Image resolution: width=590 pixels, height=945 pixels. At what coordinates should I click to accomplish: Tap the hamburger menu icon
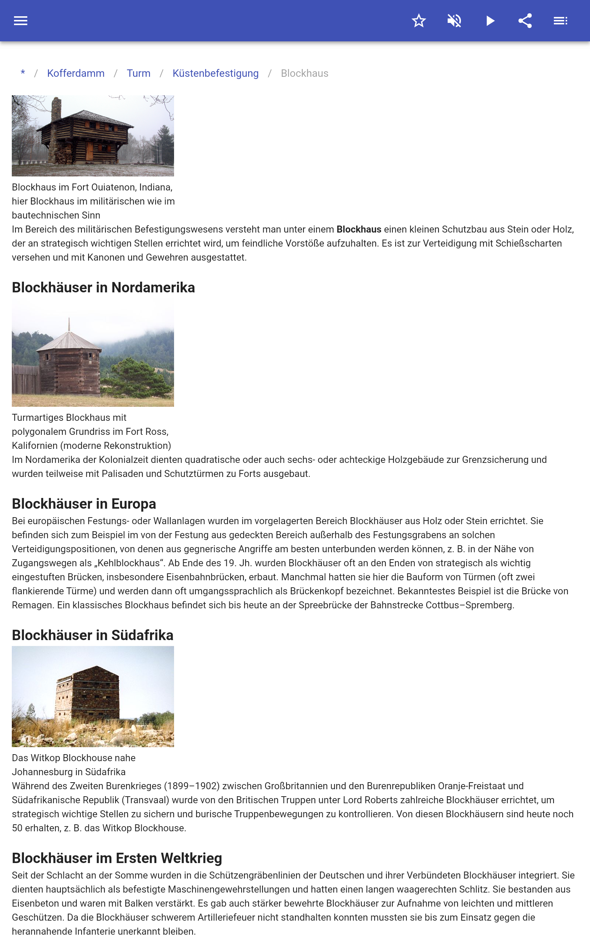21,21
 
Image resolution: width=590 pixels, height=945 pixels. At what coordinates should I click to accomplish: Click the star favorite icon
419,21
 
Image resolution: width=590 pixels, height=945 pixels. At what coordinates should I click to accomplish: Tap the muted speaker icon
454,21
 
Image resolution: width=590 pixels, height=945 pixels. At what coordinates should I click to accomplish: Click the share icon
525,21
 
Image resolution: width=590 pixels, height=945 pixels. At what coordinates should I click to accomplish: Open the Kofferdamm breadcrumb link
76,73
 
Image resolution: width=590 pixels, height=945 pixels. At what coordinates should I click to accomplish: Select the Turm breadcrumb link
139,73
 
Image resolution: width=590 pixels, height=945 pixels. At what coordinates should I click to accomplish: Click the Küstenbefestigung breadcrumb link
215,73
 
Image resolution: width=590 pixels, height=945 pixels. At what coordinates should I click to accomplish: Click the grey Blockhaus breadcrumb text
304,73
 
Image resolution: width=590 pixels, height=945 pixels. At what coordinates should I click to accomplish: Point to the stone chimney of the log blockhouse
56,117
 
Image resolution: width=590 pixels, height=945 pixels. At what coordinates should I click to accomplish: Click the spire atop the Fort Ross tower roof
69,324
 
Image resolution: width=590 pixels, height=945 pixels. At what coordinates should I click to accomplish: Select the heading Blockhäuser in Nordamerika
103,288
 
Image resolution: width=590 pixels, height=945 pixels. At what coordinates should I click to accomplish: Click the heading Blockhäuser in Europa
84,504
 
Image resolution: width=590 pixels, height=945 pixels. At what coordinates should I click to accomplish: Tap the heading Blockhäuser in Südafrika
93,635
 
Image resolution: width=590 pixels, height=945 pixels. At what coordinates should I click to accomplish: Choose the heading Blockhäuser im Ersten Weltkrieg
117,858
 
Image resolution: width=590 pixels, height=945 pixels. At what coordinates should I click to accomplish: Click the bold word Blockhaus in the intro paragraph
358,229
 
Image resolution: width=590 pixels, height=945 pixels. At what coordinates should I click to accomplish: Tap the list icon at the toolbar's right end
560,21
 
